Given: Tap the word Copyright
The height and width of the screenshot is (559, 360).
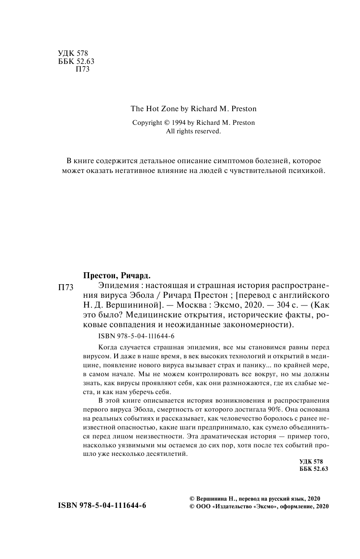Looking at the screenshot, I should (147, 123).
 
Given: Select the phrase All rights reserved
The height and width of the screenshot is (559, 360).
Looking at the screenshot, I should (193, 132).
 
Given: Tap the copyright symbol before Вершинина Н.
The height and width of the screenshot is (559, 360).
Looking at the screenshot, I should (191, 498).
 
